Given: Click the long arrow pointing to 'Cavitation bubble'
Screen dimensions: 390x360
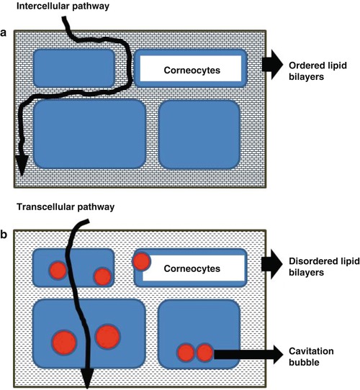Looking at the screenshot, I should pyautogui.click(x=245, y=353).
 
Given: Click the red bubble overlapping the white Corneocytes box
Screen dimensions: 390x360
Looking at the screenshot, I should pyautogui.click(x=142, y=261).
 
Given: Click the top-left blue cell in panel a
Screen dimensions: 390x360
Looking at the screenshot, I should pyautogui.click(x=74, y=68).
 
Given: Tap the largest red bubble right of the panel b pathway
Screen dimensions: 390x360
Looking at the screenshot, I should pyautogui.click(x=107, y=337).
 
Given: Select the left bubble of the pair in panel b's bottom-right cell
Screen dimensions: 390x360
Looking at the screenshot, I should pyautogui.click(x=186, y=353).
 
